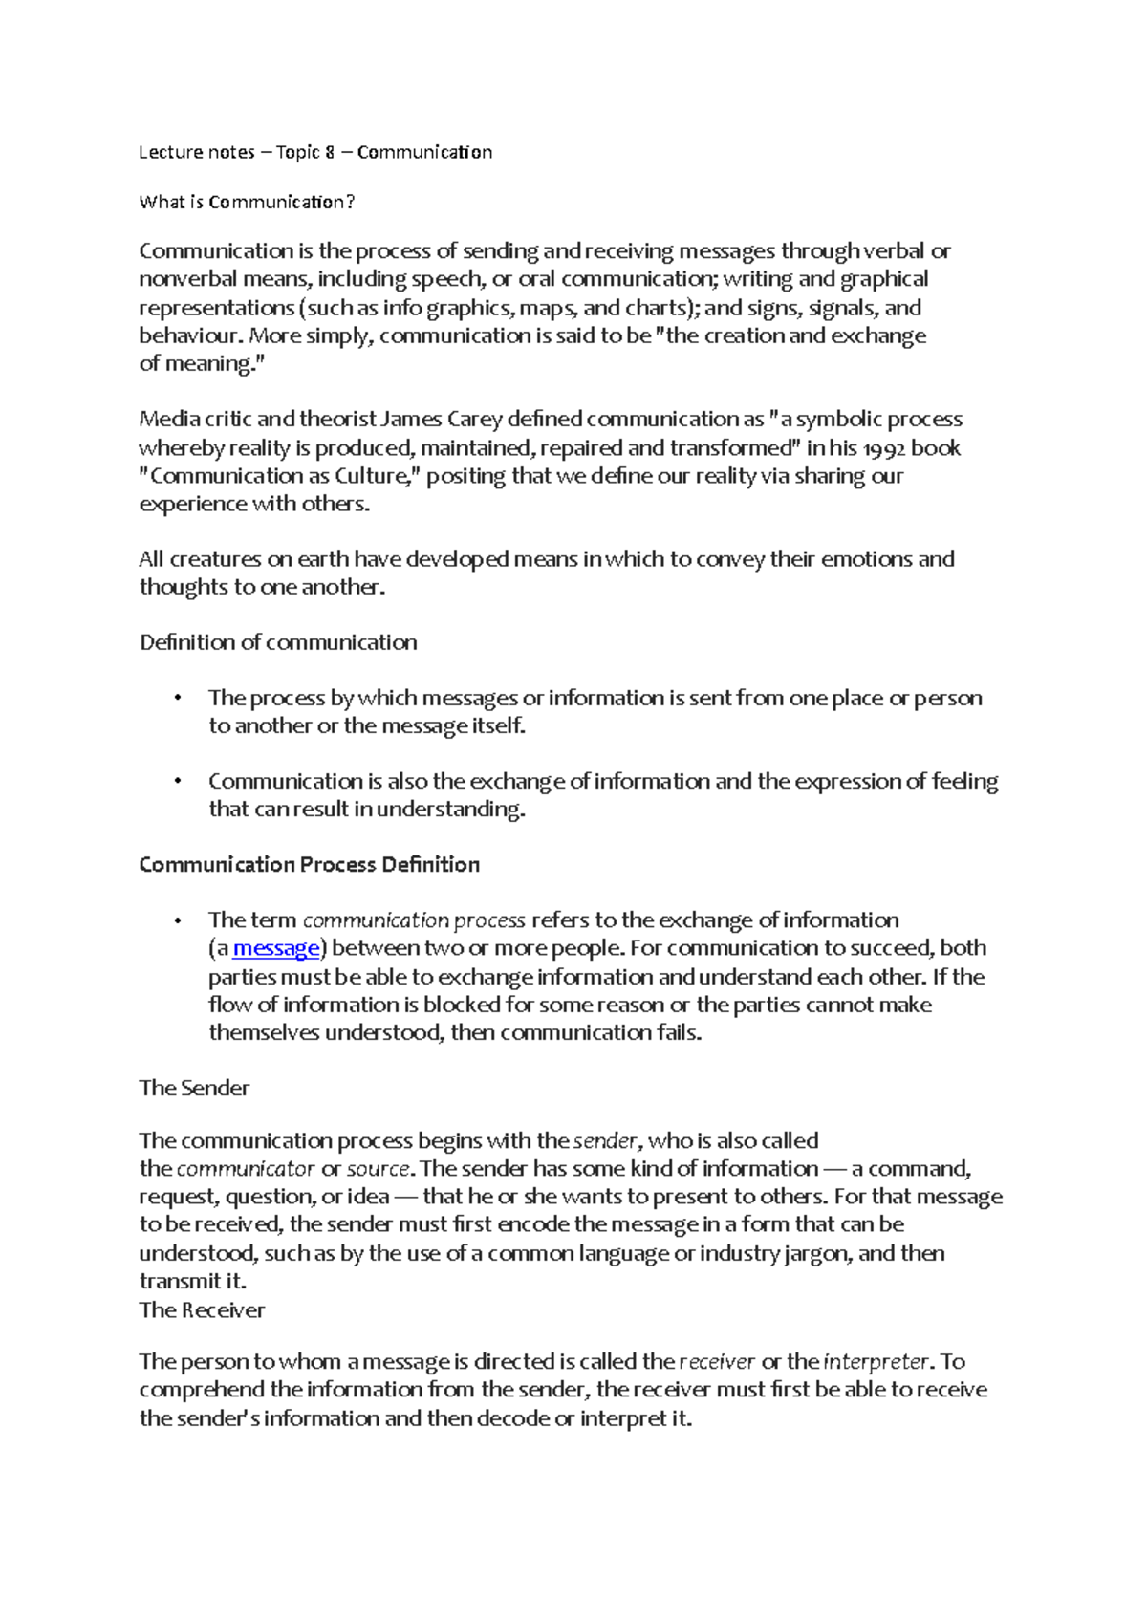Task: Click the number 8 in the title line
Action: pos(329,152)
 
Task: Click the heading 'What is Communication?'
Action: pos(247,202)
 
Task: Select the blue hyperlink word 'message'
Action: pos(276,948)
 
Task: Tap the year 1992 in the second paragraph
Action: pos(883,448)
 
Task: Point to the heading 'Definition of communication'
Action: pos(278,642)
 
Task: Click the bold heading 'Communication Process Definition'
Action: pos(309,865)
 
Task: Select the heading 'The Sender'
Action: pos(194,1088)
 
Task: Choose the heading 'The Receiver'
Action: pos(202,1310)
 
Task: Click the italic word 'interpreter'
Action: pos(876,1362)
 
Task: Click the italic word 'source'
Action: pos(379,1169)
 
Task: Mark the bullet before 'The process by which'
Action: pos(178,698)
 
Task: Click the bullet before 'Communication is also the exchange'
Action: pos(178,782)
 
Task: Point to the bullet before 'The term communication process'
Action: pos(178,920)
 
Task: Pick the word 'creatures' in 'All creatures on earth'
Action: pos(215,559)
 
